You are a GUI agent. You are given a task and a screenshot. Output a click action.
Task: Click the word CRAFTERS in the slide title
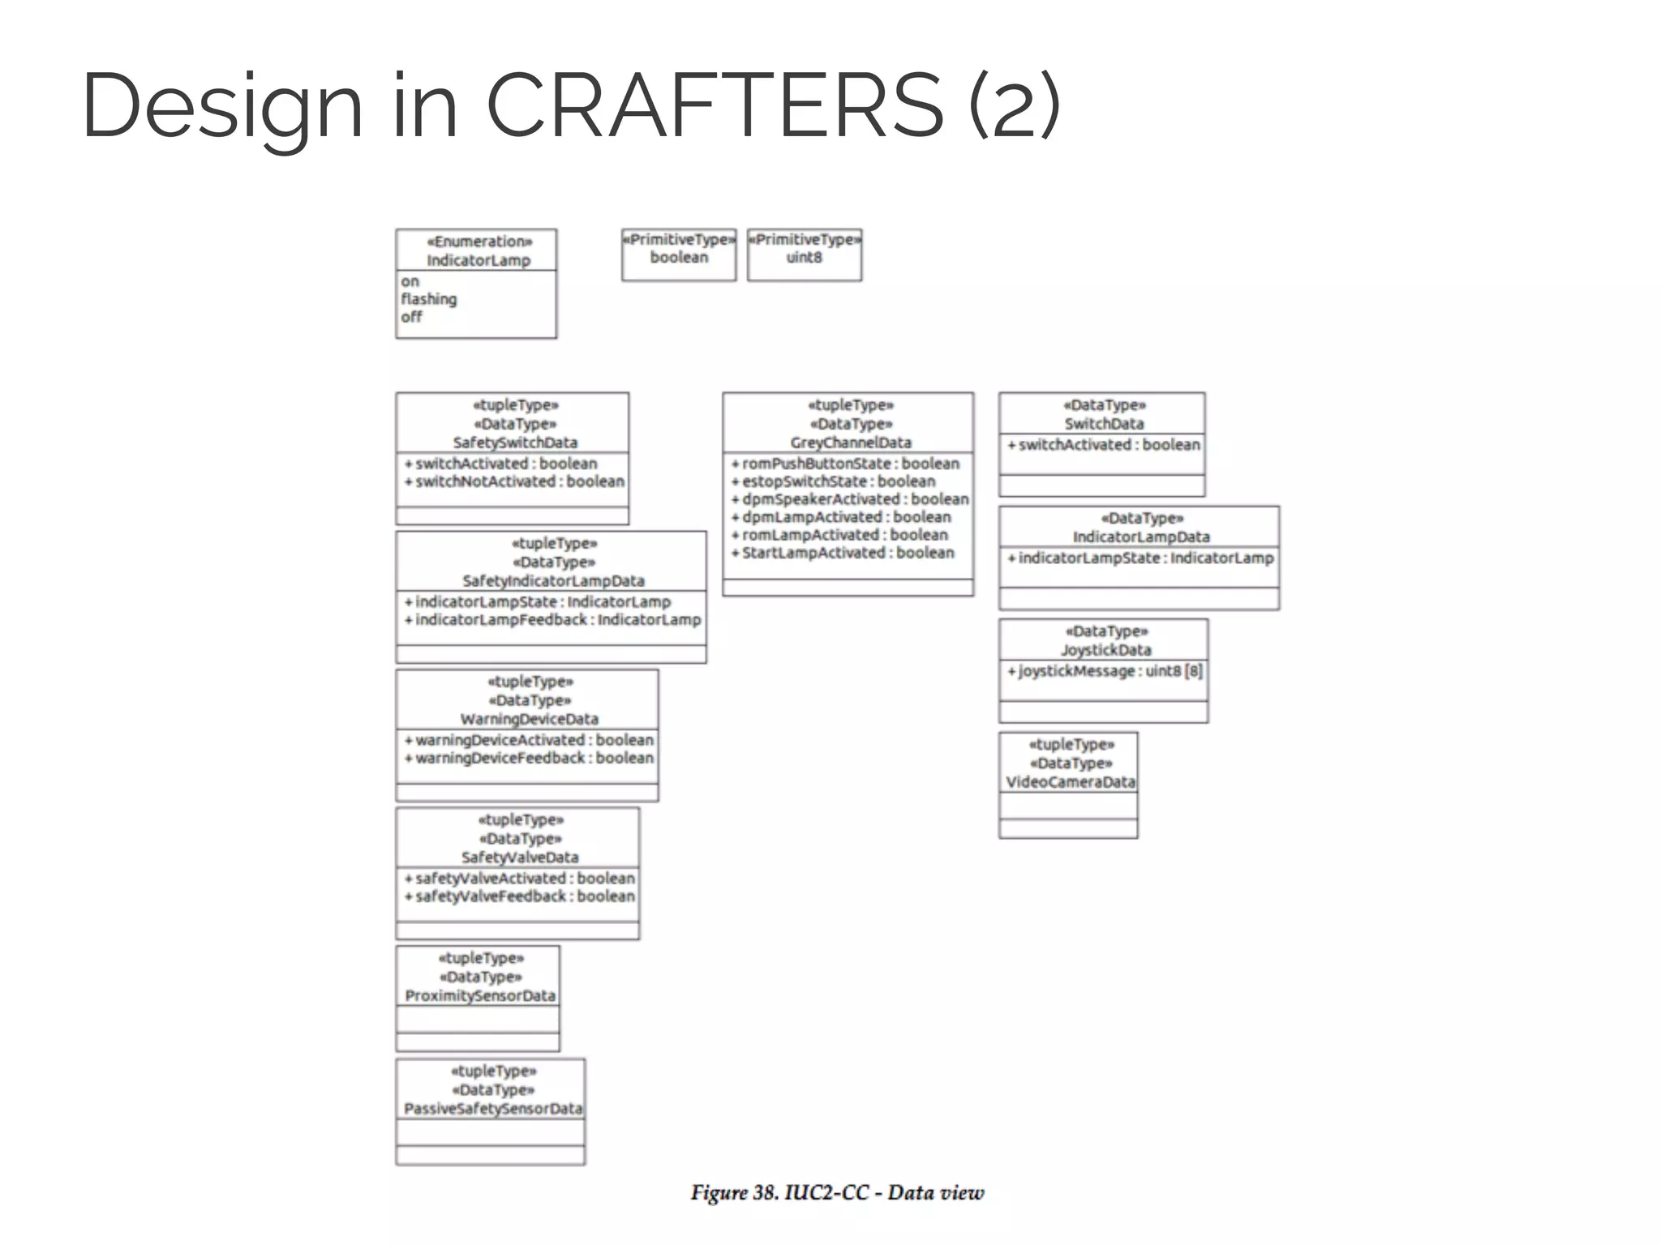pos(715,105)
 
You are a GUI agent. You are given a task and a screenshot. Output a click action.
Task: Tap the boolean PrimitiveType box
pos(679,255)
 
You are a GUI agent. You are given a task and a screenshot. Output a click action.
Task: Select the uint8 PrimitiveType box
pos(804,255)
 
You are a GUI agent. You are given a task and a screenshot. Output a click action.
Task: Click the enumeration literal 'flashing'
pos(428,299)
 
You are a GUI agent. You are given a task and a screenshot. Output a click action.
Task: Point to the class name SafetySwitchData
pos(515,443)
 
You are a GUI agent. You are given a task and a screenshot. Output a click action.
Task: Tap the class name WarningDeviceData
pos(529,719)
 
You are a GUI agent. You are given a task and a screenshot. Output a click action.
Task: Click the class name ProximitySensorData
pos(480,995)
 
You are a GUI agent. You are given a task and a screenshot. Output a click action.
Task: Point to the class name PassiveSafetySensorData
pos(492,1109)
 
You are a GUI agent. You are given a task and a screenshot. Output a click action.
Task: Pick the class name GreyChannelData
pos(851,443)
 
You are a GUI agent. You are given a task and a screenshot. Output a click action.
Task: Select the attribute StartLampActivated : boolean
pos(848,553)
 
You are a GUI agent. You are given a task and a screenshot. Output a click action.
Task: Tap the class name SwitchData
pos(1104,424)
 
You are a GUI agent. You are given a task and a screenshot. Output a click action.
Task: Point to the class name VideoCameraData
pos(1070,782)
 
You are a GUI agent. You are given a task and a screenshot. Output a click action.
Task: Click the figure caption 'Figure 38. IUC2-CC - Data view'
pos(837,1192)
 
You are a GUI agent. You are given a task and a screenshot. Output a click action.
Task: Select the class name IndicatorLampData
pos(1140,537)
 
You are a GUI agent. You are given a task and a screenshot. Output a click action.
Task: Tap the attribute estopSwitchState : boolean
pos(838,481)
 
